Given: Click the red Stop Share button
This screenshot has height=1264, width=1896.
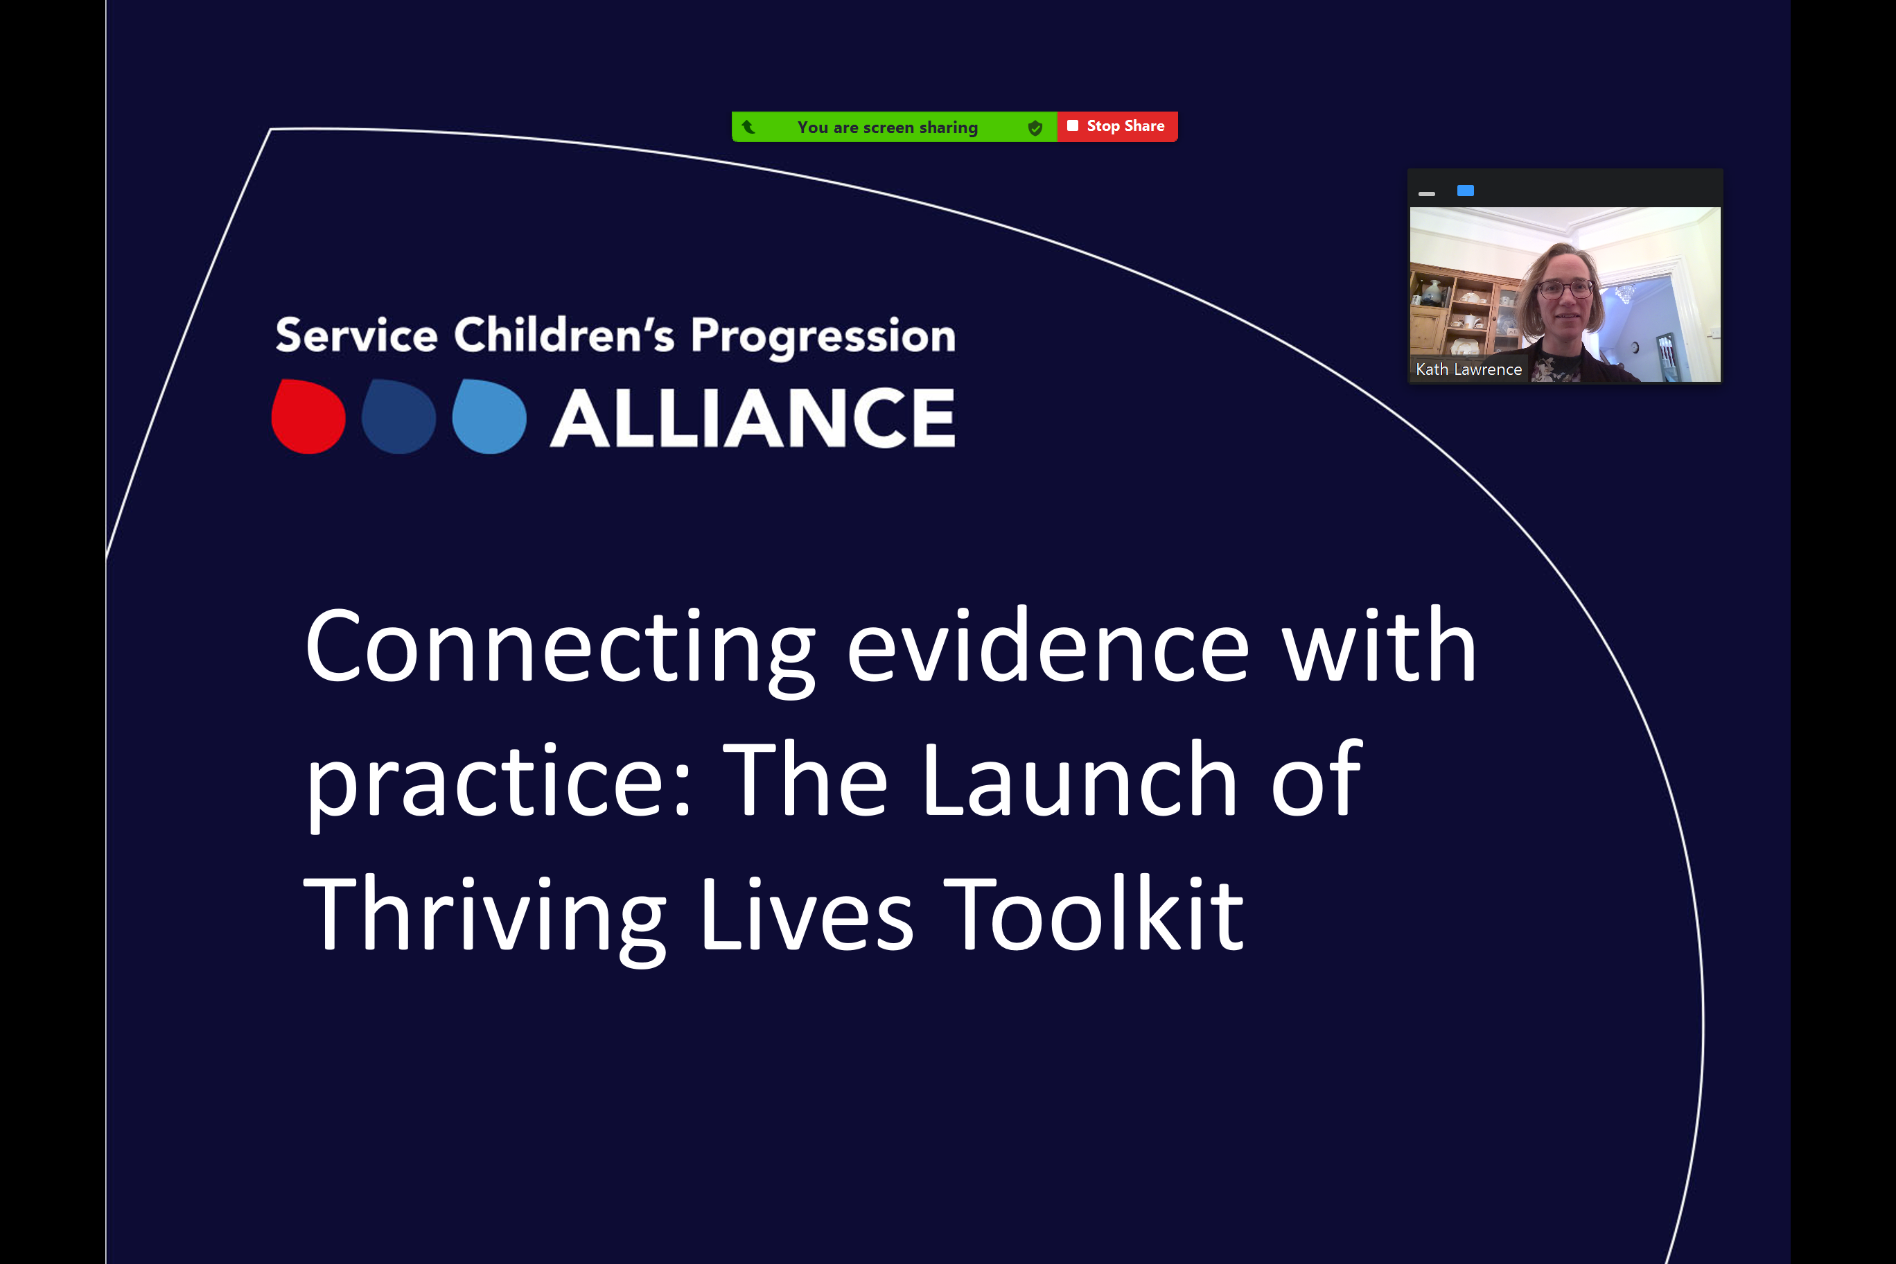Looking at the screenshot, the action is pos(1117,127).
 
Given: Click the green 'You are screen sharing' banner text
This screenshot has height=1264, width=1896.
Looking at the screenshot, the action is pos(888,128).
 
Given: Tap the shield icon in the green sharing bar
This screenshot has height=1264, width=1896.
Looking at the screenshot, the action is pos(1036,128).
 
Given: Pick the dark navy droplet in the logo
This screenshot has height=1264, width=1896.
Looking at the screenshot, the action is pos(399,416).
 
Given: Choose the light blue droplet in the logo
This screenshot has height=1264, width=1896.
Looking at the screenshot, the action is pos(489,416).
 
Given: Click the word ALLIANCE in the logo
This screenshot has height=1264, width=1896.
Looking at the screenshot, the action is pos(753,418).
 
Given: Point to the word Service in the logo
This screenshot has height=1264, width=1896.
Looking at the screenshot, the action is pos(356,335).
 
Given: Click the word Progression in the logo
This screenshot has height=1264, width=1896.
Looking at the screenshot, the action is pos(823,337).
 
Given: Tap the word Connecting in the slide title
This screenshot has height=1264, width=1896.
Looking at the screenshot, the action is pos(560,648).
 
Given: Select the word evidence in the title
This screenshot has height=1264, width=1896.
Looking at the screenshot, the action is pos(1048,645).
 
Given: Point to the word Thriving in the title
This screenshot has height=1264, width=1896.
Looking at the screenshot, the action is pos(484,918).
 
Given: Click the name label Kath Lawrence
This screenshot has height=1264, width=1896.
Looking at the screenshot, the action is pos(1468,369).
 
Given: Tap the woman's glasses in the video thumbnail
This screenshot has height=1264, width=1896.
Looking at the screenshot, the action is pos(1565,288).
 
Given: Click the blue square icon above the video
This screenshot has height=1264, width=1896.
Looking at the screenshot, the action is pos(1466,191).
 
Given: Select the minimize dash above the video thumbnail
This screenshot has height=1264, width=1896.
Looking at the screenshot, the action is pos(1427,194).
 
